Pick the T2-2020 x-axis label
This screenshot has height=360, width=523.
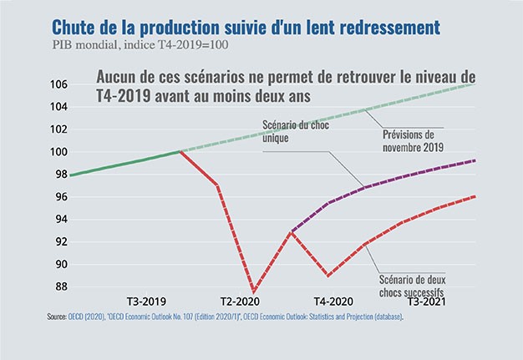(x=239, y=300)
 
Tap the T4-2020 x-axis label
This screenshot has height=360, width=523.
(x=333, y=300)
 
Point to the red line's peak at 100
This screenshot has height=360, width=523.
(x=180, y=152)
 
